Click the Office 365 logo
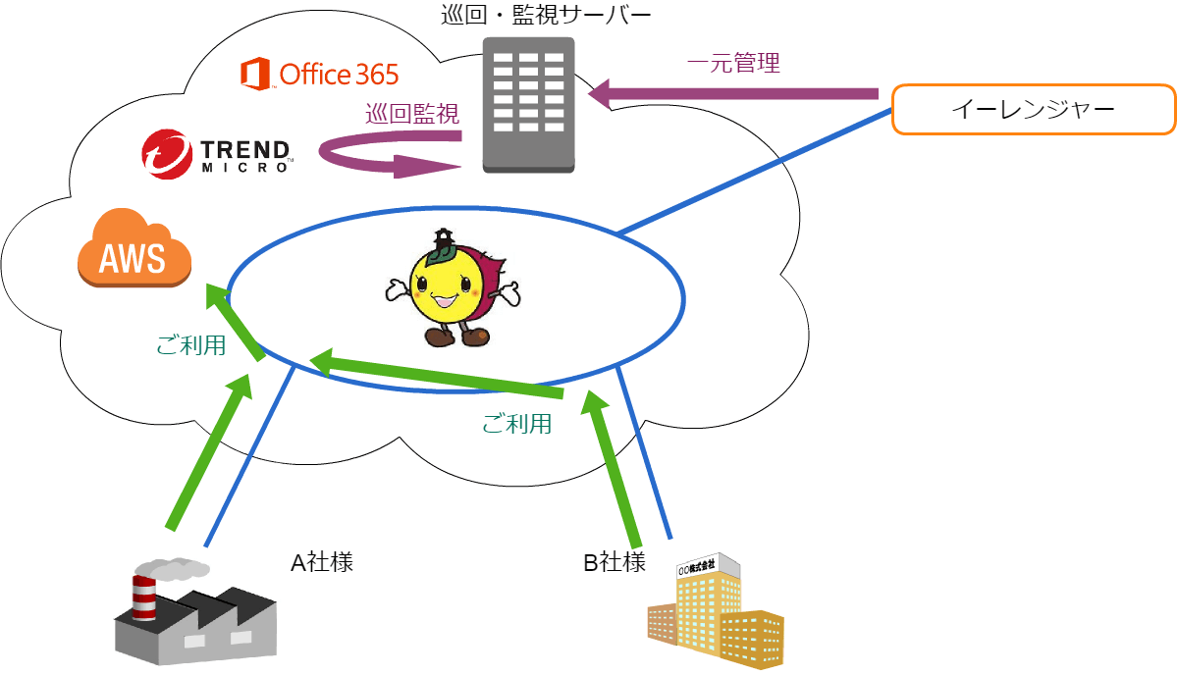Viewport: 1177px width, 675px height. (x=319, y=75)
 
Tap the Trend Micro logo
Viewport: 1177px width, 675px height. (x=217, y=154)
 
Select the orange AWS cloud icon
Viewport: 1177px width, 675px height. (x=134, y=248)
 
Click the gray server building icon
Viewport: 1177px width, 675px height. (x=528, y=105)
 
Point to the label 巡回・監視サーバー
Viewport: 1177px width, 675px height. (x=546, y=15)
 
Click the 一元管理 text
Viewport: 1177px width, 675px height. (x=733, y=63)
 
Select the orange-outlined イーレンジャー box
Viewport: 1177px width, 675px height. (x=1033, y=110)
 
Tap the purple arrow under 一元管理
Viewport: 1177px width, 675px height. (x=733, y=94)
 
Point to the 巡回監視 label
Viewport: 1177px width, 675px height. (x=412, y=114)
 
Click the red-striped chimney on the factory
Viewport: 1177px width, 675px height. (x=144, y=597)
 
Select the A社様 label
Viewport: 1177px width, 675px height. (x=322, y=562)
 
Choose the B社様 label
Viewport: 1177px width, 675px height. (x=615, y=562)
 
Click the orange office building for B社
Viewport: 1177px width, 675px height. (x=716, y=611)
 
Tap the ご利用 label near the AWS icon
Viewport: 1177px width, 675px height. (x=190, y=345)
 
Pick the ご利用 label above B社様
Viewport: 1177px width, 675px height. (x=516, y=424)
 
